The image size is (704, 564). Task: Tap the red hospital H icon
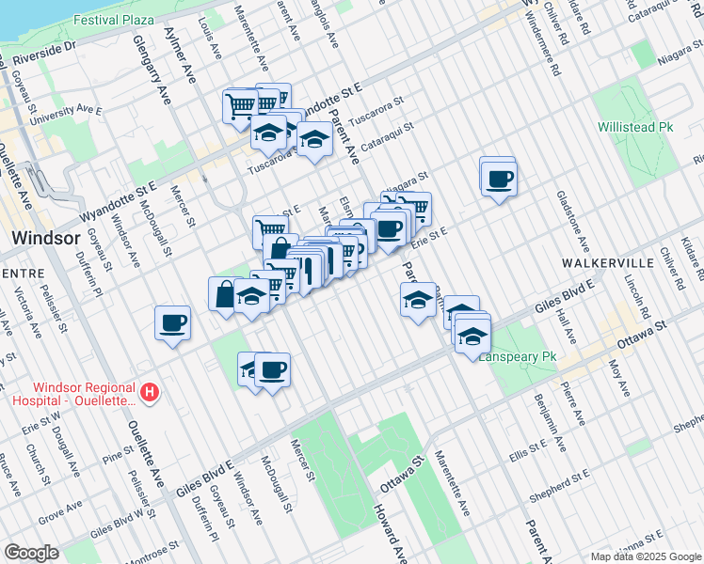148,390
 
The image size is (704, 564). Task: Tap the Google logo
32,552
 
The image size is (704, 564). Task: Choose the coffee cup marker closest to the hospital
173,323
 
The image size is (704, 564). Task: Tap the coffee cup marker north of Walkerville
499,178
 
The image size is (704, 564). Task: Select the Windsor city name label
43,238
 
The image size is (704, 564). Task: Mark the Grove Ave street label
58,513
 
